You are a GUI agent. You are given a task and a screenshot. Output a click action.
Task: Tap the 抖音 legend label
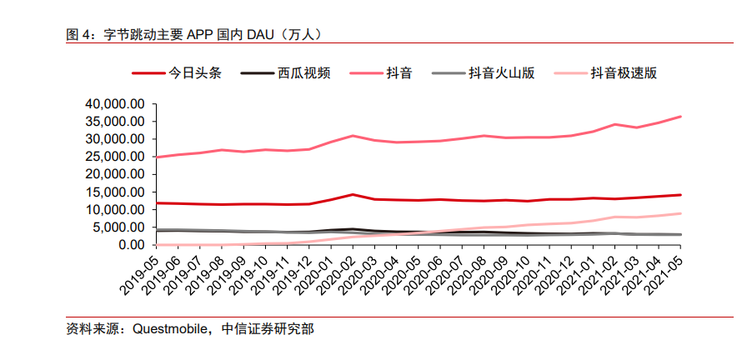[398, 73]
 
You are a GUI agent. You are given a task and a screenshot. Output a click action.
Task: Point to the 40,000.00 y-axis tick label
[115, 104]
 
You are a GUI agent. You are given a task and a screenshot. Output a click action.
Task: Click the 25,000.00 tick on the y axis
[115, 157]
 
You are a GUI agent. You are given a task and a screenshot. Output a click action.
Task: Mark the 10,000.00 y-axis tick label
[115, 209]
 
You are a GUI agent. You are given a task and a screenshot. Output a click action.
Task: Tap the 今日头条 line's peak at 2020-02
[353, 194]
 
